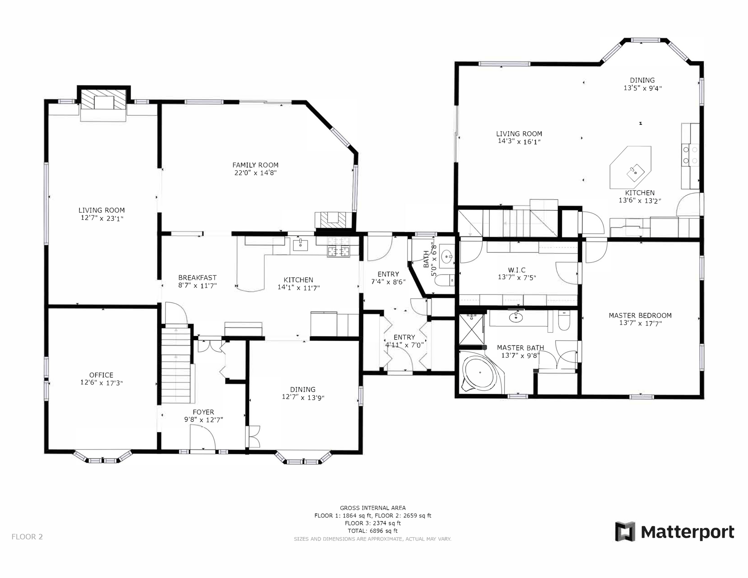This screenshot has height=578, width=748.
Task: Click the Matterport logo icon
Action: pyautogui.click(x=625, y=531)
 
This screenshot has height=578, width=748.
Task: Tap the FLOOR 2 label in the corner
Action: pyautogui.click(x=27, y=537)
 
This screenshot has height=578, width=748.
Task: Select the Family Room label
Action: pyautogui.click(x=256, y=165)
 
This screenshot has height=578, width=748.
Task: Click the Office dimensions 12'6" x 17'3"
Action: pyautogui.click(x=101, y=382)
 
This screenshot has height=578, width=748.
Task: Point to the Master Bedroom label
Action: pyautogui.click(x=640, y=315)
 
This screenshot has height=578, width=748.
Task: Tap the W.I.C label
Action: pyautogui.click(x=517, y=270)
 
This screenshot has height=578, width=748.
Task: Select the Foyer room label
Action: pyautogui.click(x=203, y=412)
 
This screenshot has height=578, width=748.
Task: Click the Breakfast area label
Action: pyautogui.click(x=198, y=278)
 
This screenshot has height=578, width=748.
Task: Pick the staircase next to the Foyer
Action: pyautogui.click(x=176, y=364)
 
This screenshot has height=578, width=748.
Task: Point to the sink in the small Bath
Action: pyautogui.click(x=447, y=256)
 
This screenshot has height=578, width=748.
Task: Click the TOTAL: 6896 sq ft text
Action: pyautogui.click(x=373, y=530)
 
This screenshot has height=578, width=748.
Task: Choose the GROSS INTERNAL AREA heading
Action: pyautogui.click(x=373, y=508)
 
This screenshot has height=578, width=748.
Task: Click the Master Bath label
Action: pyautogui.click(x=520, y=348)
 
